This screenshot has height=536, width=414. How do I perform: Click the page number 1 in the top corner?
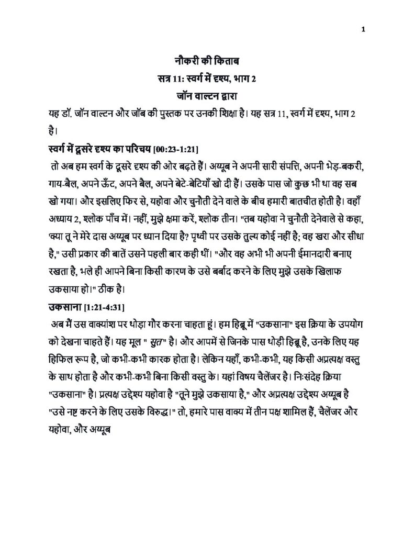pos(363,29)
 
